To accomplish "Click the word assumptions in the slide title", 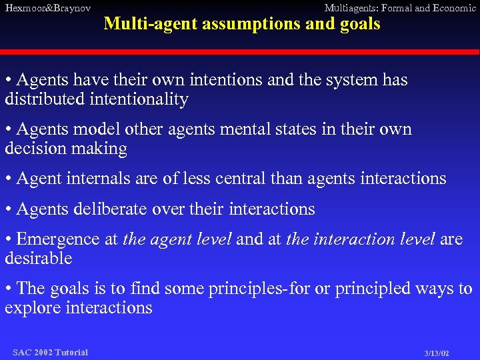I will (235, 24).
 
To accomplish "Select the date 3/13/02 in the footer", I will (437, 353).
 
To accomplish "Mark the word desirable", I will (38, 258).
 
